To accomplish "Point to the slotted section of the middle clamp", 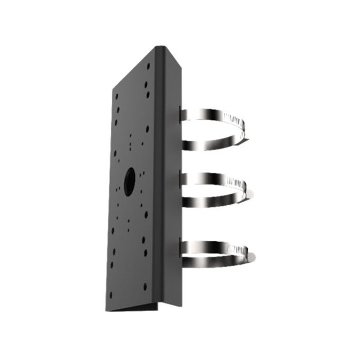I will (x=238, y=183).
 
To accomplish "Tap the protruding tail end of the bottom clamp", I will (x=251, y=256).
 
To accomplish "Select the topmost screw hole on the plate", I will (x=149, y=66).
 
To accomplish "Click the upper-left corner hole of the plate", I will (x=117, y=96).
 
